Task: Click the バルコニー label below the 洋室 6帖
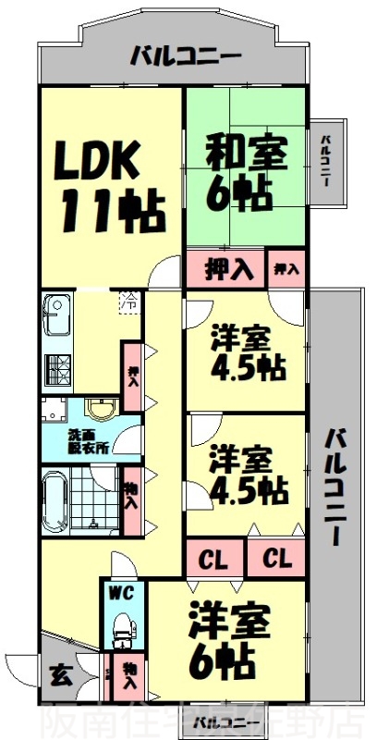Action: (221, 721)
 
